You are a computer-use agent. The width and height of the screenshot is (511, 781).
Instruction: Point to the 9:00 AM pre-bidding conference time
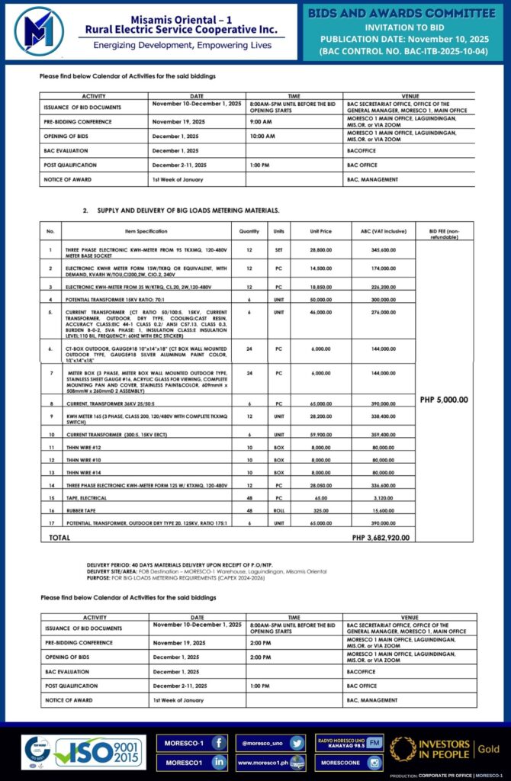pyautogui.click(x=260, y=122)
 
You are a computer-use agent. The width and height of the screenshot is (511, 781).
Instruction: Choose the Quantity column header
pyautogui.click(x=249, y=230)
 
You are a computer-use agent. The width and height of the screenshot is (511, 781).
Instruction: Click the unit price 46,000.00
pyautogui.click(x=323, y=312)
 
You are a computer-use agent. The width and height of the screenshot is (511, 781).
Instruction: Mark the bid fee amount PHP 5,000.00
pyautogui.click(x=445, y=399)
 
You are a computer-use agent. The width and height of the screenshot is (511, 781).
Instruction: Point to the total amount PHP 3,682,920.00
pyautogui.click(x=381, y=537)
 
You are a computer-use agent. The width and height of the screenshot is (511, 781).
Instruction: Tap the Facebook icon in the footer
pyautogui.click(x=218, y=741)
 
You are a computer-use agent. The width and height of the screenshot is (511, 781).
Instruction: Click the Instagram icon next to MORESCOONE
pyautogui.click(x=374, y=762)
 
